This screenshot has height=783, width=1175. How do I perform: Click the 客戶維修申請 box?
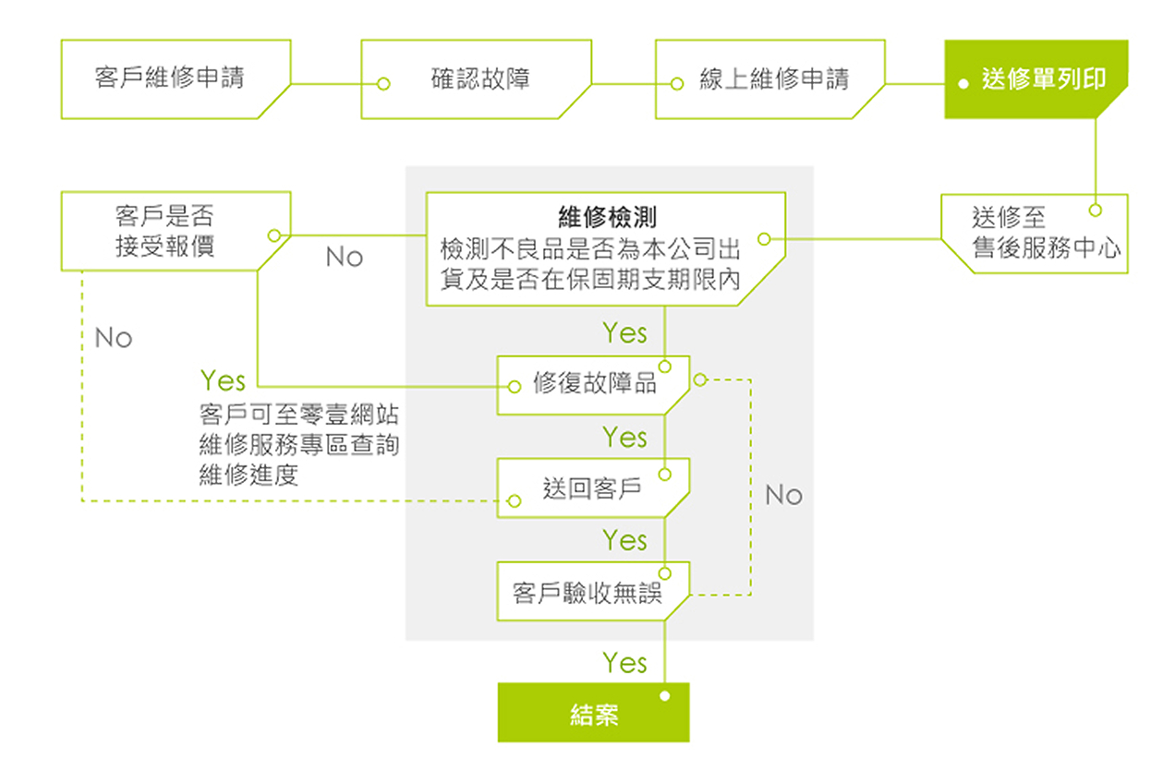coord(170,78)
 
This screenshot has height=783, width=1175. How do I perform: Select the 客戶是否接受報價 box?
coord(165,231)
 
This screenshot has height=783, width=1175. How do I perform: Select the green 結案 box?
coord(594,715)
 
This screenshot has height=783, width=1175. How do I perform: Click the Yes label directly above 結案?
coord(625,662)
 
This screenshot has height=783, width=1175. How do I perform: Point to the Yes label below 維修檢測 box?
coord(625,332)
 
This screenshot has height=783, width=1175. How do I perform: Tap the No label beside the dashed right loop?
coord(783,495)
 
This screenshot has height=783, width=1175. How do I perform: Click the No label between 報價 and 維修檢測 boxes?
coord(344,257)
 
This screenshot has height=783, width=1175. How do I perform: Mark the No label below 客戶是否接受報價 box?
coord(114,338)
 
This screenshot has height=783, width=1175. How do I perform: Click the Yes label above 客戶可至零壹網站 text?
coord(223,380)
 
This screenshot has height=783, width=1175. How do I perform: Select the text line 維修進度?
coord(248,476)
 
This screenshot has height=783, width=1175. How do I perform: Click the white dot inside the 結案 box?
coord(664,696)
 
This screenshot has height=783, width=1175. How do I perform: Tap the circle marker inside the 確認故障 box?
coord(384,84)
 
